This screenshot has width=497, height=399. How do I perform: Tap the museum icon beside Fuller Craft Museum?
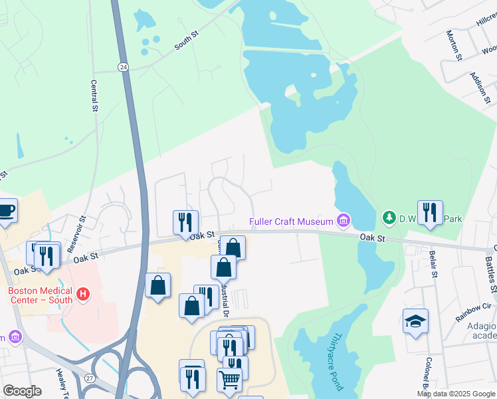[344, 219]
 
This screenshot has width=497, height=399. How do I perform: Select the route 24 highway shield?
[123, 67]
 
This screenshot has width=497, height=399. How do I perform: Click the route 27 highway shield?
[89, 378]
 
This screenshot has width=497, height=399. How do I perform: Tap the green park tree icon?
[389, 217]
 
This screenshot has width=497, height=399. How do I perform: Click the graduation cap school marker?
[416, 321]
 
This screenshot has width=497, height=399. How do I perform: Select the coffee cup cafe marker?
[6, 210]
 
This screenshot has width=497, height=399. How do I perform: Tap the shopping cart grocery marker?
[229, 380]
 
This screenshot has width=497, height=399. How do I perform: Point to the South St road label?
[186, 41]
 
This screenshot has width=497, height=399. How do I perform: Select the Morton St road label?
[454, 45]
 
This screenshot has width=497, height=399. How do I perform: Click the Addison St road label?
[479, 88]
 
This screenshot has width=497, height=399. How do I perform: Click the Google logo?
[22, 391]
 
